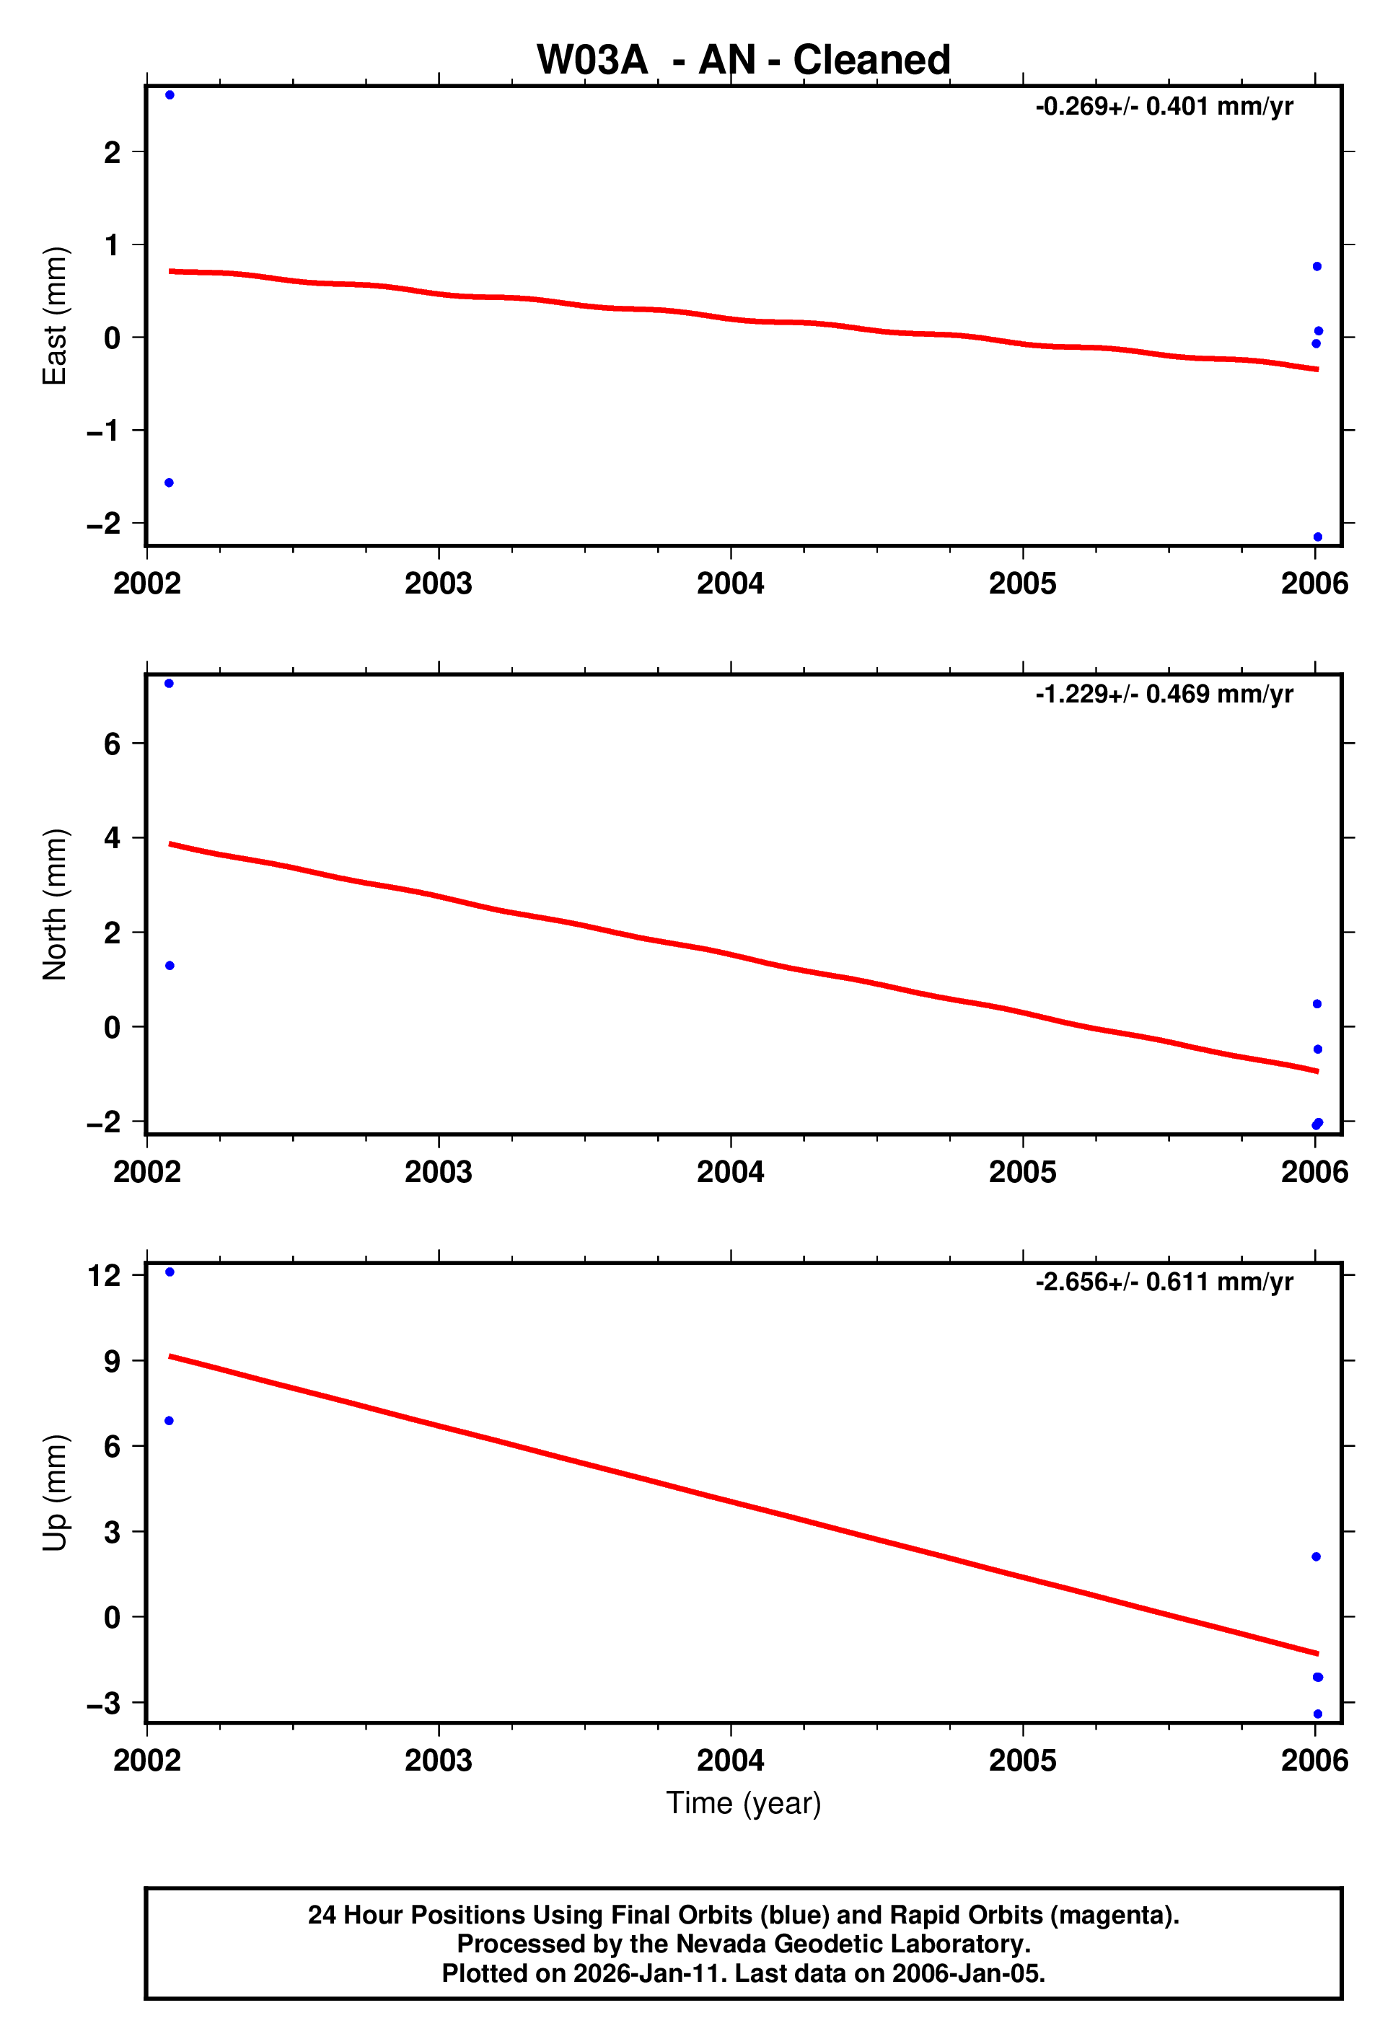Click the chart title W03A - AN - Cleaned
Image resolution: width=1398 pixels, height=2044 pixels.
click(x=744, y=60)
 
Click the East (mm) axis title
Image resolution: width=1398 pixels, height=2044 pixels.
click(x=55, y=316)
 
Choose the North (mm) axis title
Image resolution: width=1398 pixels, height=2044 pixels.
click(x=55, y=904)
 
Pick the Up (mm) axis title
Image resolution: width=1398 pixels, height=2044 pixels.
click(x=55, y=1492)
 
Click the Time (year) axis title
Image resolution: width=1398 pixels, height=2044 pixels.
click(x=744, y=1803)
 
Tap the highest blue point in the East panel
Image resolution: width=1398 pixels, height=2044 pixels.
click(x=170, y=95)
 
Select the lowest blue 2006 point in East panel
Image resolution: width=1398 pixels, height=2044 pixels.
click(x=1317, y=537)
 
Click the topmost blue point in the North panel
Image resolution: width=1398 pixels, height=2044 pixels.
click(x=169, y=684)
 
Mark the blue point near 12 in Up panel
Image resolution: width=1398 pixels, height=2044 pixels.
click(x=170, y=1272)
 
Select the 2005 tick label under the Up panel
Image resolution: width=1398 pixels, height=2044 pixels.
click(x=1022, y=1760)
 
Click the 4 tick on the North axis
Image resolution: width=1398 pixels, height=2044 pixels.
click(x=112, y=837)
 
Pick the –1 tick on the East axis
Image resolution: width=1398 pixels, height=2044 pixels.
click(x=104, y=431)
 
